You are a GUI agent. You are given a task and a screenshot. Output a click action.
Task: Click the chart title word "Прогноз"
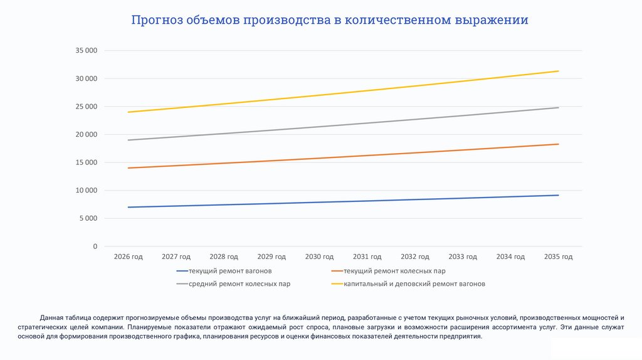(157, 20)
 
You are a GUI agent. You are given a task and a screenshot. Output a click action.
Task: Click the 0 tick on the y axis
(95, 246)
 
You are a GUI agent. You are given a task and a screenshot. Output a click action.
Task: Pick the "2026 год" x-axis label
(129, 257)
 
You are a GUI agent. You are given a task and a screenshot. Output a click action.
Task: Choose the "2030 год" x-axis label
(319, 257)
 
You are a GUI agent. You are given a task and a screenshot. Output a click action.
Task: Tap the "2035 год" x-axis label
(558, 257)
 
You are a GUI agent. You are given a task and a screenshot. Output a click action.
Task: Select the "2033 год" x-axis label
(463, 257)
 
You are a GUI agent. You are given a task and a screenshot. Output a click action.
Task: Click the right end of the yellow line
(558, 71)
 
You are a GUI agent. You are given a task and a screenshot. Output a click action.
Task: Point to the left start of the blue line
(129, 207)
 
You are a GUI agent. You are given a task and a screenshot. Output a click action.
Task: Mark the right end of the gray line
(558, 107)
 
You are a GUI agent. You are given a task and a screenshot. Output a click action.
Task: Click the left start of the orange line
(129, 168)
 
